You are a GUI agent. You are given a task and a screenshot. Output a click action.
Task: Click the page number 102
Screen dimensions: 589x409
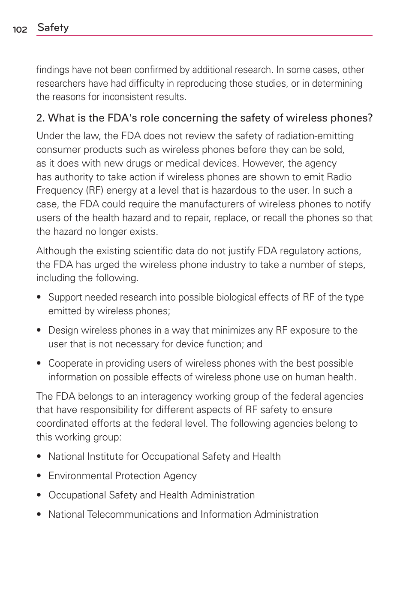20,29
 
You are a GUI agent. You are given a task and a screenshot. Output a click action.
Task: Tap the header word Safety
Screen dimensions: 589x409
53,27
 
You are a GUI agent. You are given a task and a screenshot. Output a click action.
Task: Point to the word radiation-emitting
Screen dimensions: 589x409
315,136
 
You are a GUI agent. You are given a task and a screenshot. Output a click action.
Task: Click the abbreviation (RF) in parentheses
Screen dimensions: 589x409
95,191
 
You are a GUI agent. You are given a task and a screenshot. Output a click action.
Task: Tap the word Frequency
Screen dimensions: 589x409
60,191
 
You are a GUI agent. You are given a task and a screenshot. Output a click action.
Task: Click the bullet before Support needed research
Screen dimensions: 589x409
39,297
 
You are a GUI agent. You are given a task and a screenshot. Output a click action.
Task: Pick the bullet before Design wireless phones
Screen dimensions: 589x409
39,330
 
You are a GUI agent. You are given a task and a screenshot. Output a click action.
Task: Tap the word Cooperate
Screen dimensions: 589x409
71,364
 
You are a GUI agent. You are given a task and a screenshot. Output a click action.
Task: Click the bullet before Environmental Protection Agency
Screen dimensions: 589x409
39,476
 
